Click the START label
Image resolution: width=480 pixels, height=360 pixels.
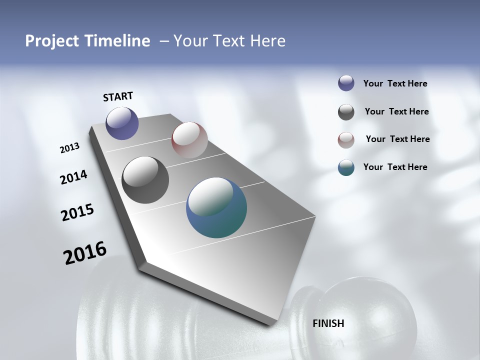tap(118, 96)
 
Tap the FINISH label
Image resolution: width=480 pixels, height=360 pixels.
tap(328, 323)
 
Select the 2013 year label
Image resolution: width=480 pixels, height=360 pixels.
tap(70, 148)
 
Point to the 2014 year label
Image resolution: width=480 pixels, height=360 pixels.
tap(73, 177)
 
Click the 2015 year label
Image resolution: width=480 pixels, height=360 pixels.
tap(77, 212)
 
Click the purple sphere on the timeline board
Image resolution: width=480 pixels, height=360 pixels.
tap(122, 123)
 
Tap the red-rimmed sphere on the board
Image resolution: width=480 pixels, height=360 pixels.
tap(189, 140)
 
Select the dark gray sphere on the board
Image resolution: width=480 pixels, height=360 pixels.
tap(145, 179)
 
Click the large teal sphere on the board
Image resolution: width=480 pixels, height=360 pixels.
tap(216, 207)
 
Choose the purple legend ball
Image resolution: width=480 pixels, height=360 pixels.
tap(346, 83)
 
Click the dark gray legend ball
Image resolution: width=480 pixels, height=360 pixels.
tap(346, 112)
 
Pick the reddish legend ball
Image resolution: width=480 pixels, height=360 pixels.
tap(346, 140)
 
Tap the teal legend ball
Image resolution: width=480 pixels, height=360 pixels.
tap(346, 167)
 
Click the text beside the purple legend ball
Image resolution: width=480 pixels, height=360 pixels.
tap(395, 84)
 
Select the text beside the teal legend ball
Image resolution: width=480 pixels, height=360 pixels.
tap(395, 167)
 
